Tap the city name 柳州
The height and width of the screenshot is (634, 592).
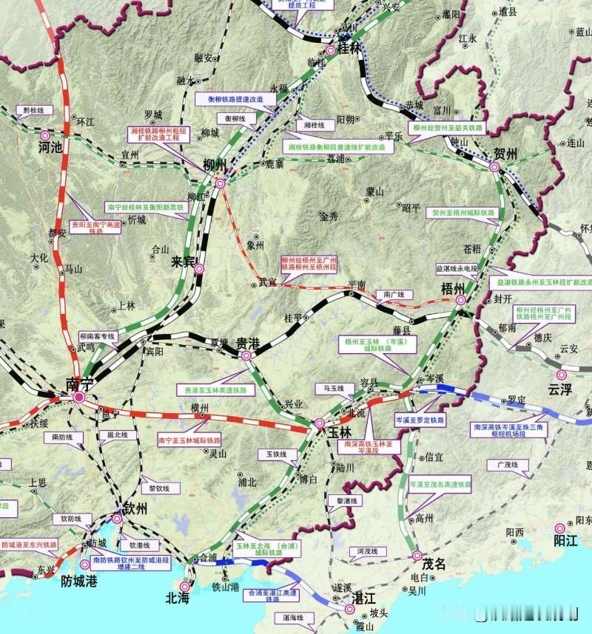214,164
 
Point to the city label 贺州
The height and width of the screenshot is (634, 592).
505,154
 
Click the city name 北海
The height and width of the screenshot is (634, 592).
178,598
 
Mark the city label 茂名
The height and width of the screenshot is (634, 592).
434,564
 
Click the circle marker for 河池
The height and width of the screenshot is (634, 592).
44,135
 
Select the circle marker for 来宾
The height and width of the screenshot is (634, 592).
198,269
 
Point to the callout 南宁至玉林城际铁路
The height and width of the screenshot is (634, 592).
189,440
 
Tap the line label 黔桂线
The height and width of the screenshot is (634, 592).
33,110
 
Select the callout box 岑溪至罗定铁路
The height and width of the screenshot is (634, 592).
420,420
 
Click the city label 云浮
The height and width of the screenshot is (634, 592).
561,389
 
